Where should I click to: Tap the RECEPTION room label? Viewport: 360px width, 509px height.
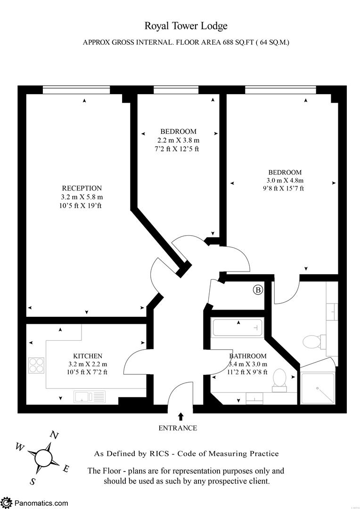tap(82, 188)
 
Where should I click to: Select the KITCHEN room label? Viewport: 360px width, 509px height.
tap(87, 356)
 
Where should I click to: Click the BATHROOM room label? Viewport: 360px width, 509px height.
tap(248, 356)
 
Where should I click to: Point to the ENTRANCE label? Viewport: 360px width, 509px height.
tap(177, 428)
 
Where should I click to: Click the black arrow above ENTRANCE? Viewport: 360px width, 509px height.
tap(180, 416)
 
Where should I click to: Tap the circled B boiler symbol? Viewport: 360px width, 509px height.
tap(258, 290)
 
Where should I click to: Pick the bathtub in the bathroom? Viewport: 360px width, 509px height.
tap(237, 328)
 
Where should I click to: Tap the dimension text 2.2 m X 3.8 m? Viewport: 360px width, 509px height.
tap(178, 140)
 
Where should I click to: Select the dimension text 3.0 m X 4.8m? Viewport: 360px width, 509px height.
tap(285, 181)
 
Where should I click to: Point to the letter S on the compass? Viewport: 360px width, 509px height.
tap(33, 481)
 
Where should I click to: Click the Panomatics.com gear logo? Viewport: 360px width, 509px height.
tap(7, 502)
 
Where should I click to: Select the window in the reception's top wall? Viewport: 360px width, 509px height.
tap(76, 90)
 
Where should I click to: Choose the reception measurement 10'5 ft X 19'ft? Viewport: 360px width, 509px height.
tap(82, 205)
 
